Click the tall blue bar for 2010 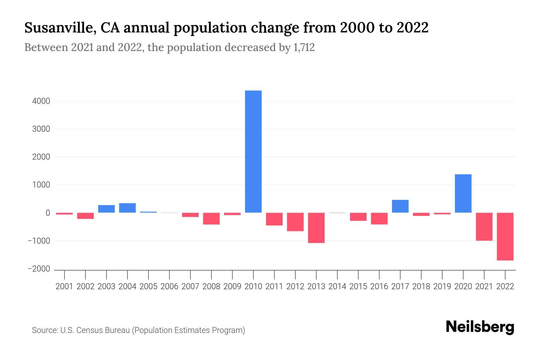pos(253,151)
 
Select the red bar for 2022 pos(505,236)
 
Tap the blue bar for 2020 pos(463,193)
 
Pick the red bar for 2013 pos(316,228)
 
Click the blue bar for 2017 pos(400,206)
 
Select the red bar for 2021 pos(484,226)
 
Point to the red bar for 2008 pos(211,218)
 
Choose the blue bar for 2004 pos(127,208)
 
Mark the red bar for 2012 pos(295,222)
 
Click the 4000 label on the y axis pos(41,101)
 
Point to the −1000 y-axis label pos(39,241)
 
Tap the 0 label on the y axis pos(48,213)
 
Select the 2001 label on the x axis pos(64,286)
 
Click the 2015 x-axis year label pos(358,286)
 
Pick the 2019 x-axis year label pos(442,286)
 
